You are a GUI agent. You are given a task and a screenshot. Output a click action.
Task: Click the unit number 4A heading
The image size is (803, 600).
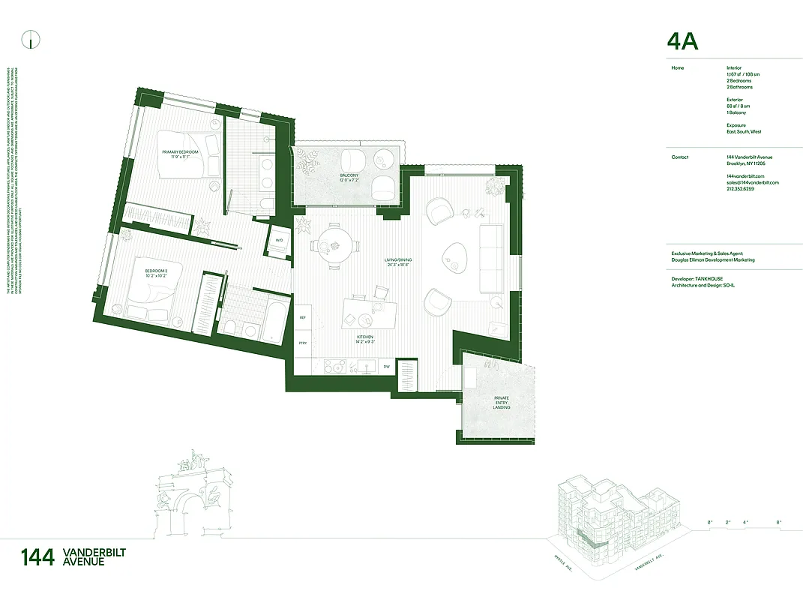click(x=682, y=42)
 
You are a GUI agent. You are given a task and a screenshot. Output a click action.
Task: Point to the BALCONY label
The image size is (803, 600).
click(x=349, y=178)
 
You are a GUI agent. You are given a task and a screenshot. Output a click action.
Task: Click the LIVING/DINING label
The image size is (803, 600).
click(x=399, y=262)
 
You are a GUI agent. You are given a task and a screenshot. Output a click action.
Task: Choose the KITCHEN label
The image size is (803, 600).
click(x=365, y=340)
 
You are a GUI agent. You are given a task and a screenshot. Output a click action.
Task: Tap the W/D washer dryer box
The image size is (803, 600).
click(x=279, y=240)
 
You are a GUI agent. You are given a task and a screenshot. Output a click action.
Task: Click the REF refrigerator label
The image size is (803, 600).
click(x=303, y=318)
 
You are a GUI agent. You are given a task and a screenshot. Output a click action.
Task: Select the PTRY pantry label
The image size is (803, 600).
click(x=303, y=343)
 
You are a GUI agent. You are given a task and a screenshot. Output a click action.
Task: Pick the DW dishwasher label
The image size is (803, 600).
click(x=386, y=367)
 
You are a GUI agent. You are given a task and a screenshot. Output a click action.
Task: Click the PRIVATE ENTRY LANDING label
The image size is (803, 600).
click(x=502, y=402)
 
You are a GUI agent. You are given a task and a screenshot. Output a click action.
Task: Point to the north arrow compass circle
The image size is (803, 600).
click(x=30, y=40)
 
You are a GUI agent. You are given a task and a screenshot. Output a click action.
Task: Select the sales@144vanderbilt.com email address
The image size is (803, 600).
click(x=753, y=182)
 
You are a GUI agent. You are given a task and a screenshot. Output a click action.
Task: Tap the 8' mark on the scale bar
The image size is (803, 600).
click(x=778, y=521)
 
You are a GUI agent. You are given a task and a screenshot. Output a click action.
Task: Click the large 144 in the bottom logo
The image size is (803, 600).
click(x=37, y=557)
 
